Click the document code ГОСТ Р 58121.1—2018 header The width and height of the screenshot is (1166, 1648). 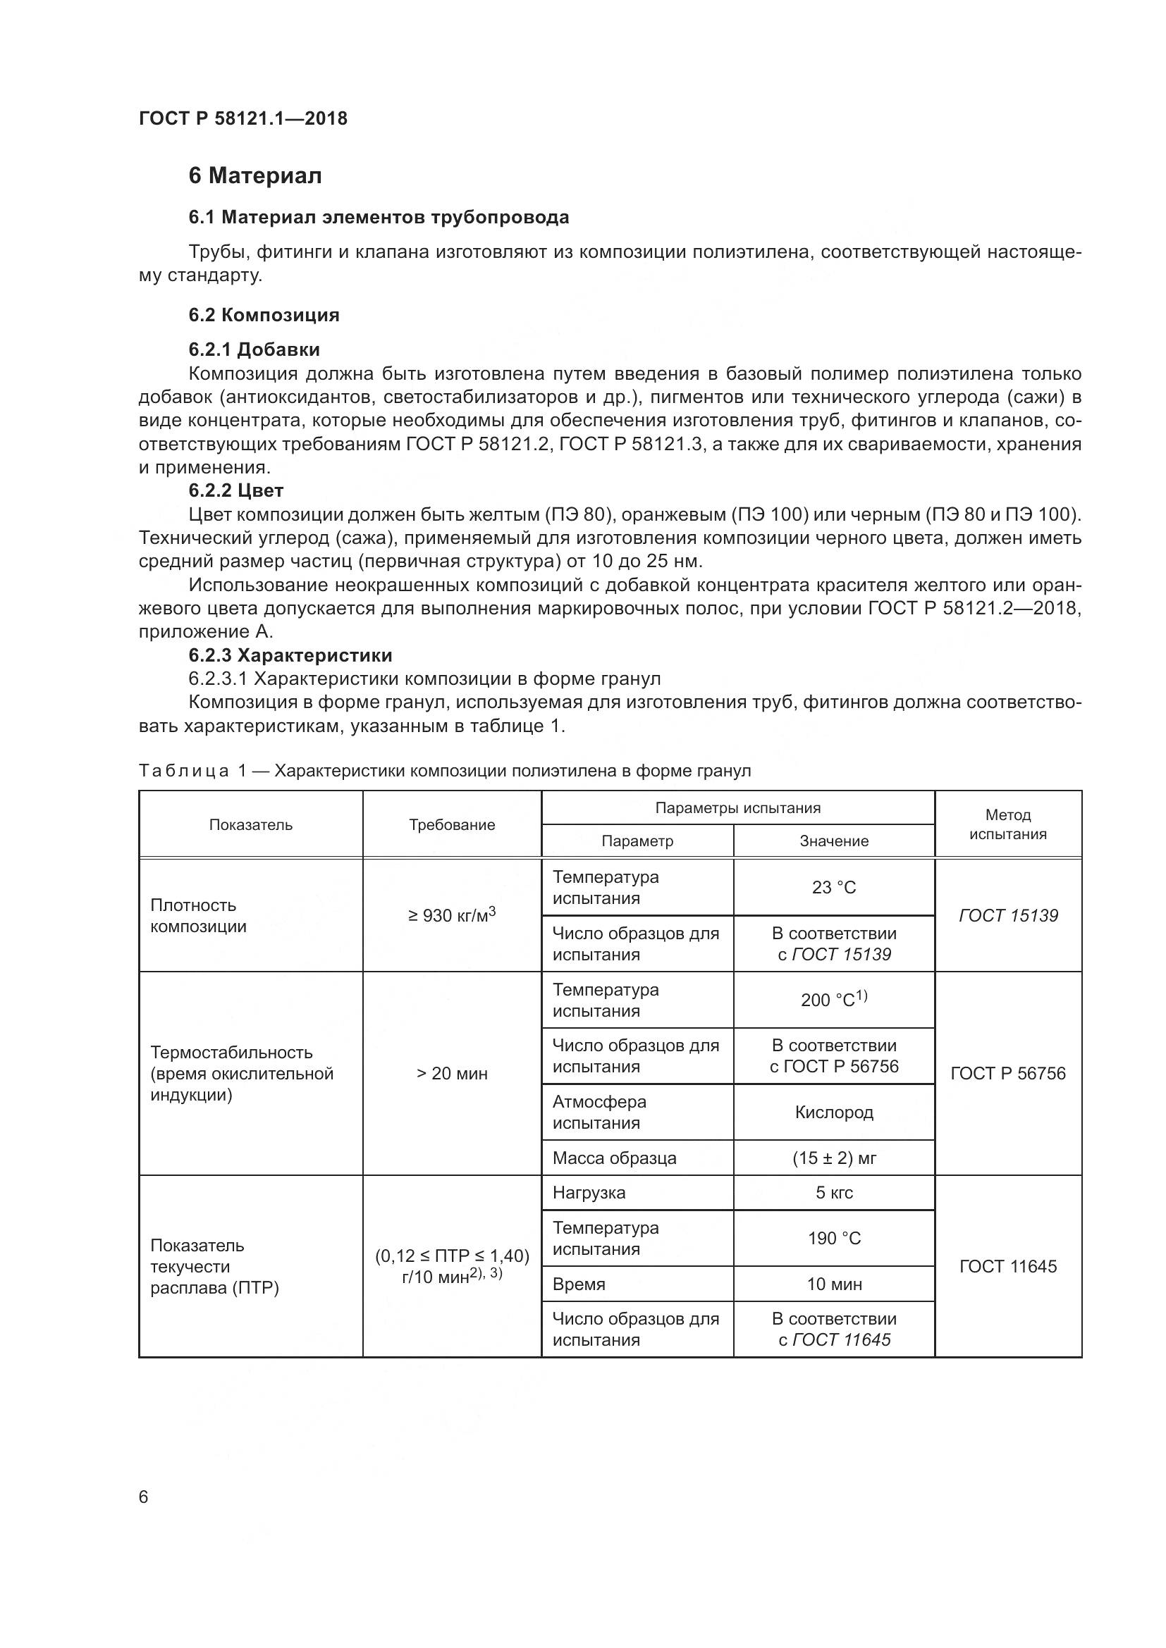[x=243, y=118]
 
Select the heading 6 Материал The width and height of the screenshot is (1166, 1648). [x=255, y=176]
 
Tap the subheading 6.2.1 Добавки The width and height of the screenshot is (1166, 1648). [x=254, y=349]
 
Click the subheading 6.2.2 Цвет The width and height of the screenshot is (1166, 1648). [x=236, y=490]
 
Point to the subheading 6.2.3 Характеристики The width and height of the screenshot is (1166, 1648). [x=290, y=655]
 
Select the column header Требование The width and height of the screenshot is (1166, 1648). [x=452, y=825]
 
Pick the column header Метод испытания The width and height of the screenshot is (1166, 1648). [x=1007, y=824]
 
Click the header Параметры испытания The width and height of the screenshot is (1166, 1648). [x=737, y=808]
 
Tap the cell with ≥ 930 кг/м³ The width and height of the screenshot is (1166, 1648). [x=452, y=915]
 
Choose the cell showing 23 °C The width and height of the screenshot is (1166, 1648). [x=833, y=888]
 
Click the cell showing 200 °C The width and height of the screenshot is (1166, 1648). [x=833, y=1000]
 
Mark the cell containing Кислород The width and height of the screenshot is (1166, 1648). [x=833, y=1113]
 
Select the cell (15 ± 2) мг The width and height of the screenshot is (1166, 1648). [x=833, y=1158]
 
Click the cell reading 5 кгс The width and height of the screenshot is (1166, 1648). [x=833, y=1193]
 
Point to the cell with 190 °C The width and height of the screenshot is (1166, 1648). [x=833, y=1238]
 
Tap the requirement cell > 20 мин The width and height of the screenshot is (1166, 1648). [x=452, y=1074]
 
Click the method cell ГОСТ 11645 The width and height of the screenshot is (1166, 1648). [x=1007, y=1266]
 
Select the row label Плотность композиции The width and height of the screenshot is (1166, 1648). [x=198, y=916]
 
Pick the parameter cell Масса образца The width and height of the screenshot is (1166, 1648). [x=614, y=1158]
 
